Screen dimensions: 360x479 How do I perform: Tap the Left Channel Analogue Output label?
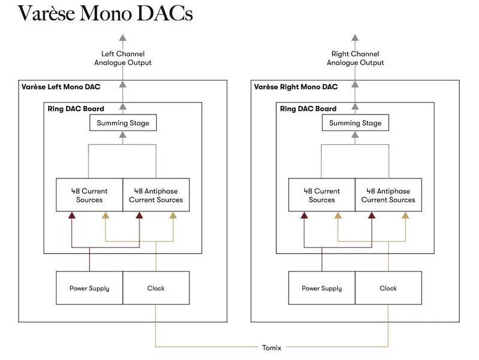click(123, 58)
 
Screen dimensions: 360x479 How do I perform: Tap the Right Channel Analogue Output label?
click(355, 58)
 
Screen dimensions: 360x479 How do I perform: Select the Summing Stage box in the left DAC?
click(123, 123)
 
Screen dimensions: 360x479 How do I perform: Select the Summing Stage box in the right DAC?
click(355, 123)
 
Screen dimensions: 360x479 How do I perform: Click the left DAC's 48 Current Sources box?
click(89, 195)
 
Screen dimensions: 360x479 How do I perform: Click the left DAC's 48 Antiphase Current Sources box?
click(156, 195)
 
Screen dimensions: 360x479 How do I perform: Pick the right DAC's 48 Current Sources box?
click(322, 195)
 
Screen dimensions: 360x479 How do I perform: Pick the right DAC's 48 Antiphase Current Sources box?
click(388, 195)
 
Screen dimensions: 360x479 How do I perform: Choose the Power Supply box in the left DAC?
click(89, 288)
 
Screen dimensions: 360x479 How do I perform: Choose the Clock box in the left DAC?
click(156, 288)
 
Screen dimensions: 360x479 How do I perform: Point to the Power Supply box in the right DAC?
click(322, 288)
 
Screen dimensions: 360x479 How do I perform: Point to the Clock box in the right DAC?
click(388, 288)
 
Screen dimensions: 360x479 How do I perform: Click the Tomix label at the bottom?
click(271, 347)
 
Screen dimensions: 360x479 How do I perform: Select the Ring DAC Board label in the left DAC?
click(75, 109)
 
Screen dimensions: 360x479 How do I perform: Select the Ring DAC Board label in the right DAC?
click(308, 109)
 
